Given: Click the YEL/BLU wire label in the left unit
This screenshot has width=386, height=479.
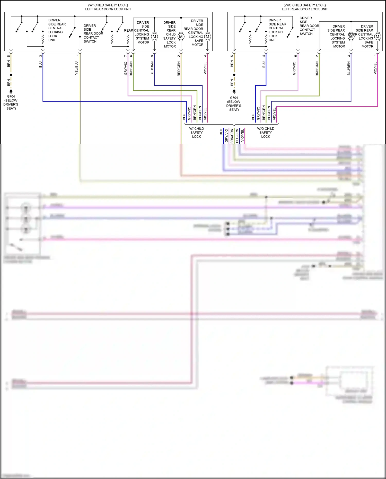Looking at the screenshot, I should (76, 68).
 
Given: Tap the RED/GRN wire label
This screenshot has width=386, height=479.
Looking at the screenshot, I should (179, 69).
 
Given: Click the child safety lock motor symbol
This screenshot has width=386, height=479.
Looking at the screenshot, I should (181, 37).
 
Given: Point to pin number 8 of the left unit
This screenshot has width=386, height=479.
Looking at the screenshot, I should (152, 56).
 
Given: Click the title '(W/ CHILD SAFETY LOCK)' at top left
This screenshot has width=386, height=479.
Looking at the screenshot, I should (108, 5).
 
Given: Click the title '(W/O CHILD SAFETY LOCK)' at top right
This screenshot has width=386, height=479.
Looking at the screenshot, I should (305, 5).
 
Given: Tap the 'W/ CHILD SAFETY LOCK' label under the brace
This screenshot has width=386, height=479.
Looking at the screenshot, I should (197, 133).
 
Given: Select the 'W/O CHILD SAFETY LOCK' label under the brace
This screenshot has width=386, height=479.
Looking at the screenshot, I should (266, 133).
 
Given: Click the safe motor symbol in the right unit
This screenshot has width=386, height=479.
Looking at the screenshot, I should (378, 37).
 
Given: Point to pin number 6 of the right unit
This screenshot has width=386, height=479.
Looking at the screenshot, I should (296, 56).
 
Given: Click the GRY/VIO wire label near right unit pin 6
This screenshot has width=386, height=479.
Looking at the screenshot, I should (294, 68).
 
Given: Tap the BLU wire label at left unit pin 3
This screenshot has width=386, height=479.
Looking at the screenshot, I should (41, 65).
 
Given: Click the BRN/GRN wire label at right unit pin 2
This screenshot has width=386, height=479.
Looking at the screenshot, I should (317, 69).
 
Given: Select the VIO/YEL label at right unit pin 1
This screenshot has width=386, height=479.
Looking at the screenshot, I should (375, 68).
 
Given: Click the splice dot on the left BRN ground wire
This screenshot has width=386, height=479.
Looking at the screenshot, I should (11, 75).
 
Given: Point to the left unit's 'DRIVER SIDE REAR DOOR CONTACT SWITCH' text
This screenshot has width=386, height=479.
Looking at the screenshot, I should (93, 33).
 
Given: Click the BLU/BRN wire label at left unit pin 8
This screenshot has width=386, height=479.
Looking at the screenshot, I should (152, 68).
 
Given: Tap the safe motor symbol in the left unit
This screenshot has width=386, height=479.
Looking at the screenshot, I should (207, 37).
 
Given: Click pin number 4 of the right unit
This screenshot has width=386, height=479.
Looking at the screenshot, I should (264, 56).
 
